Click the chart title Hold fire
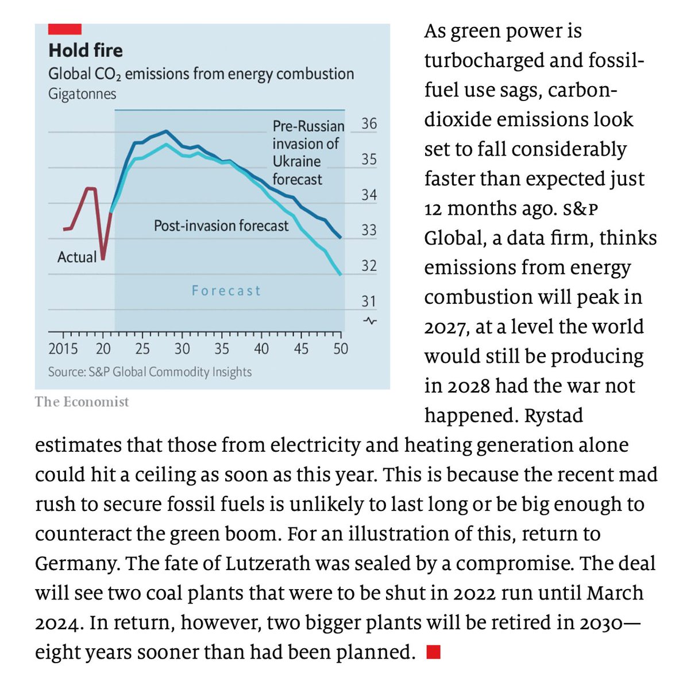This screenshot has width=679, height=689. [x=86, y=51]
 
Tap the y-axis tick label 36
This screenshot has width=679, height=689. [x=369, y=124]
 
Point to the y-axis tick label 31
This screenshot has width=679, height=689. [x=369, y=301]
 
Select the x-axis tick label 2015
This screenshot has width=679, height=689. [x=63, y=349]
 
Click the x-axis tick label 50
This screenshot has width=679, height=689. [x=341, y=349]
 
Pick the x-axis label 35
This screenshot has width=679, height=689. [x=222, y=349]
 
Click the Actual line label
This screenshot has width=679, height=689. [x=77, y=257]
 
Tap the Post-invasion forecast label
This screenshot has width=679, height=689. [x=221, y=226]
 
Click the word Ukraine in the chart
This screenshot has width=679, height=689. [x=296, y=161]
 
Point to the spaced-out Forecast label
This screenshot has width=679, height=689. [x=226, y=291]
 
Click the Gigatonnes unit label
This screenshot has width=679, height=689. [x=82, y=94]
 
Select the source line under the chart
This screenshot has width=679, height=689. [x=150, y=372]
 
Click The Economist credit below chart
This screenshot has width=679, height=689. [x=82, y=401]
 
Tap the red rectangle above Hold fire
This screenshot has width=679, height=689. [x=64, y=29]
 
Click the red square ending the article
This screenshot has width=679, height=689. [x=434, y=652]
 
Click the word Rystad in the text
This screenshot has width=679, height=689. [x=553, y=415]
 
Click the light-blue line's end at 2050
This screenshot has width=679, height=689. [x=341, y=275]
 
